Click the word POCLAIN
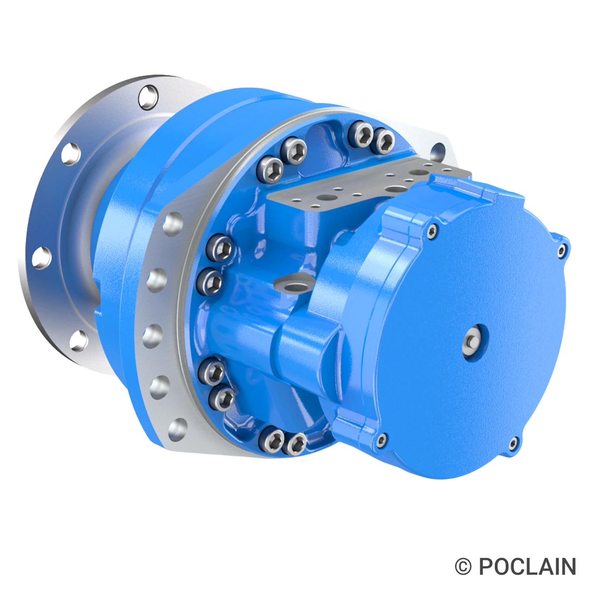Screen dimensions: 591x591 527,567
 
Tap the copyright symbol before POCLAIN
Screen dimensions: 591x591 463,567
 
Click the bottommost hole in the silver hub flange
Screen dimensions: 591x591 79,340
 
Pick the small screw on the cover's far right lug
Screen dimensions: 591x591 562,251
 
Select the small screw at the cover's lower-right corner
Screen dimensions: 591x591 514,443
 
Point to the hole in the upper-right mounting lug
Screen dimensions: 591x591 438,149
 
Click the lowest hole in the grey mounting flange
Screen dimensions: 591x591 179,428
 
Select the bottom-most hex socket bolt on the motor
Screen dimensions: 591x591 297,443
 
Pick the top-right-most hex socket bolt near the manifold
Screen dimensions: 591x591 384,141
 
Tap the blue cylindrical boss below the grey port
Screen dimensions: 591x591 305,345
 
